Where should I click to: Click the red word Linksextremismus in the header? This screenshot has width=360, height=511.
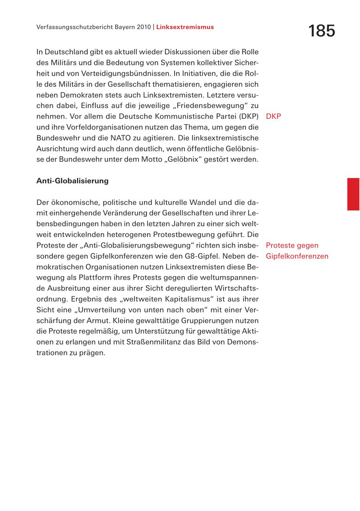coord(185,27)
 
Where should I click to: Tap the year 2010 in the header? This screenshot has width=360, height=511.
coord(143,27)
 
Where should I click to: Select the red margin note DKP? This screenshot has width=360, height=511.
coord(273,116)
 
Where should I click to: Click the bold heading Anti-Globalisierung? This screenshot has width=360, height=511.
coord(72,181)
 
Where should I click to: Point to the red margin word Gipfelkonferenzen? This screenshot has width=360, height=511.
coord(297,256)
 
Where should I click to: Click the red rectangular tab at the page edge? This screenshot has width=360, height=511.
coord(353,194)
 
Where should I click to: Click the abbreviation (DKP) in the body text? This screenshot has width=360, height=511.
coord(249,116)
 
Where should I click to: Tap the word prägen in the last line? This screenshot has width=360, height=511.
coord(94,353)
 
